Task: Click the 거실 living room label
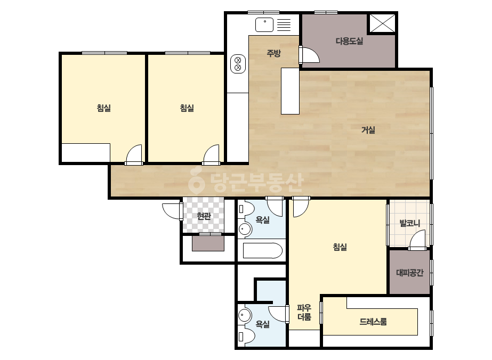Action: pyautogui.click(x=368, y=130)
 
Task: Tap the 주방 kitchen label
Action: pyautogui.click(x=273, y=53)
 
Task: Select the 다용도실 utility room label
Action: pyautogui.click(x=349, y=41)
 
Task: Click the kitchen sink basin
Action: pyautogui.click(x=264, y=25)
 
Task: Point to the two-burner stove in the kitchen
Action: pyautogui.click(x=238, y=64)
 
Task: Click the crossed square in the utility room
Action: pyautogui.click(x=382, y=23)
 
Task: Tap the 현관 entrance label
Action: pyautogui.click(x=204, y=216)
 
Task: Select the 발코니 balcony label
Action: pyautogui.click(x=409, y=223)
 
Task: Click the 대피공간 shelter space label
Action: pyautogui.click(x=409, y=273)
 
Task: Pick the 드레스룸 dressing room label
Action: pyautogui.click(x=373, y=322)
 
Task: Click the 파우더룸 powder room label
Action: pyautogui.click(x=304, y=312)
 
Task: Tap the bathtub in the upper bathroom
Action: pyautogui.click(x=263, y=250)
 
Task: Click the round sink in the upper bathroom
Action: pyautogui.click(x=245, y=229)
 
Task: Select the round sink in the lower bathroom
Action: pyautogui.click(x=245, y=315)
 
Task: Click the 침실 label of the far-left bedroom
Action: pyautogui.click(x=104, y=108)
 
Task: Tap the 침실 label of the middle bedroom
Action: pyautogui.click(x=187, y=108)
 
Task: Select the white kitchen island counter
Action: pyautogui.click(x=290, y=91)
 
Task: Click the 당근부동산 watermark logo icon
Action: pyautogui.click(x=196, y=180)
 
